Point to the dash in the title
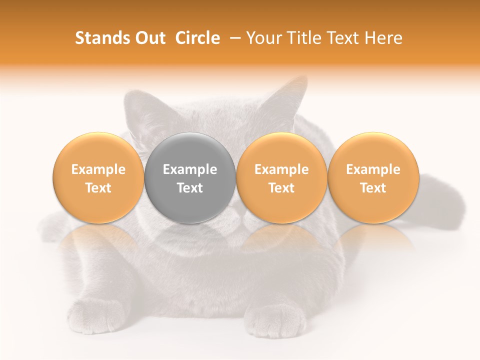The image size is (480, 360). tap(233, 38)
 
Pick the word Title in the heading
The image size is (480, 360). tap(304, 38)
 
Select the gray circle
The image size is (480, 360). tap(190, 177)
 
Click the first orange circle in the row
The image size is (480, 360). tap(98, 177)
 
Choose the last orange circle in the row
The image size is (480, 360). tap(373, 177)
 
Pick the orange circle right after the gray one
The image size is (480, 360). tap(281, 177)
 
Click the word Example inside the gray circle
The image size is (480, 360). tap(190, 169)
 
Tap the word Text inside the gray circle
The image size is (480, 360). tap(190, 188)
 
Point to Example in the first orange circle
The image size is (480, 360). tap(98, 169)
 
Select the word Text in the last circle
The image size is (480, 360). tap(373, 188)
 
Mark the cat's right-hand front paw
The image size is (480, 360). tap(277, 320)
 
